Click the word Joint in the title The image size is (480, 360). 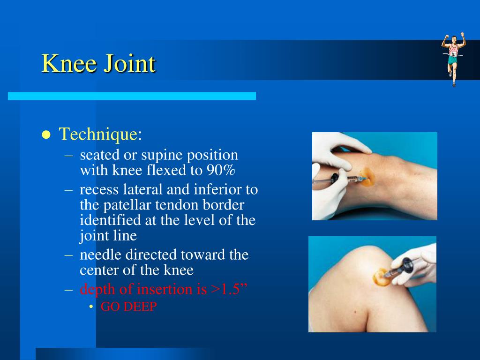[129, 64]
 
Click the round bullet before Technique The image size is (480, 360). [46, 135]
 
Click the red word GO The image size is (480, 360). [110, 307]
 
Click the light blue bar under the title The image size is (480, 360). [132, 96]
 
